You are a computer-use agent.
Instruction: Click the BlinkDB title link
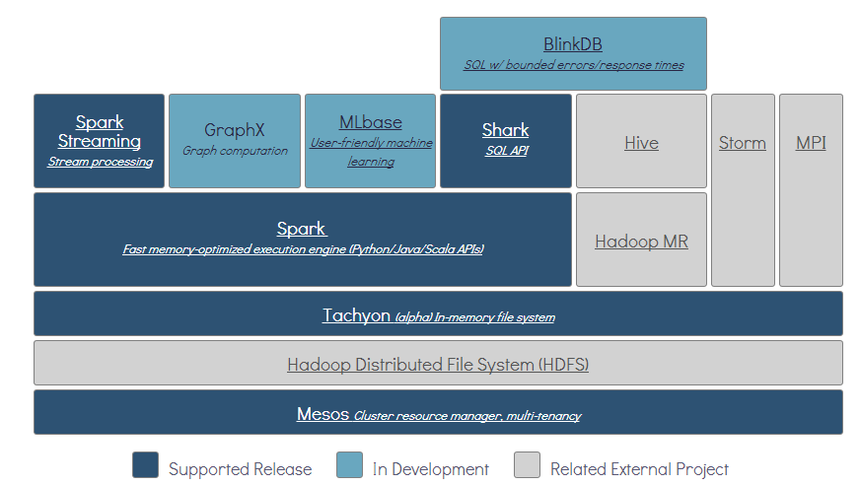[x=572, y=44]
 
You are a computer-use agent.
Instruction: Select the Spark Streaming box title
[x=100, y=131]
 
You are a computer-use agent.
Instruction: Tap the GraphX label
[x=235, y=130]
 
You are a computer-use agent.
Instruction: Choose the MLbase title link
[x=370, y=122]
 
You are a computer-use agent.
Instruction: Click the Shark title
[x=505, y=130]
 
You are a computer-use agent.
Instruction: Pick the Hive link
[x=641, y=143]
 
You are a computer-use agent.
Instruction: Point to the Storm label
[x=742, y=143]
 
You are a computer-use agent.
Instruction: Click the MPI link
[x=811, y=143]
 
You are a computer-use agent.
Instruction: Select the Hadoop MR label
[x=641, y=242]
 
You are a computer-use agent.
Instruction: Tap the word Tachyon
[x=356, y=315]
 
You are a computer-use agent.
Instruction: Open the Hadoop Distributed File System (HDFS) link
[x=438, y=365]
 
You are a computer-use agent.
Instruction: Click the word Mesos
[x=322, y=414]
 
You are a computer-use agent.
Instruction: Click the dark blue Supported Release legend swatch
[x=145, y=465]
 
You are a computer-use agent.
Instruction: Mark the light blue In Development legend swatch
[x=349, y=465]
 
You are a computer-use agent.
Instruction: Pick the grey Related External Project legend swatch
[x=528, y=465]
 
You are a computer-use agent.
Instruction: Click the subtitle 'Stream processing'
[x=100, y=162]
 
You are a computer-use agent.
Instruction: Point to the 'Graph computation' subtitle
[x=235, y=151]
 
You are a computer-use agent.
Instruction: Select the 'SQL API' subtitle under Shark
[x=505, y=151]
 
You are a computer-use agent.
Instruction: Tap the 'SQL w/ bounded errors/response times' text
[x=573, y=65]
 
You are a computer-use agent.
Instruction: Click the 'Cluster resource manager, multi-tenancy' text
[x=467, y=416]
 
